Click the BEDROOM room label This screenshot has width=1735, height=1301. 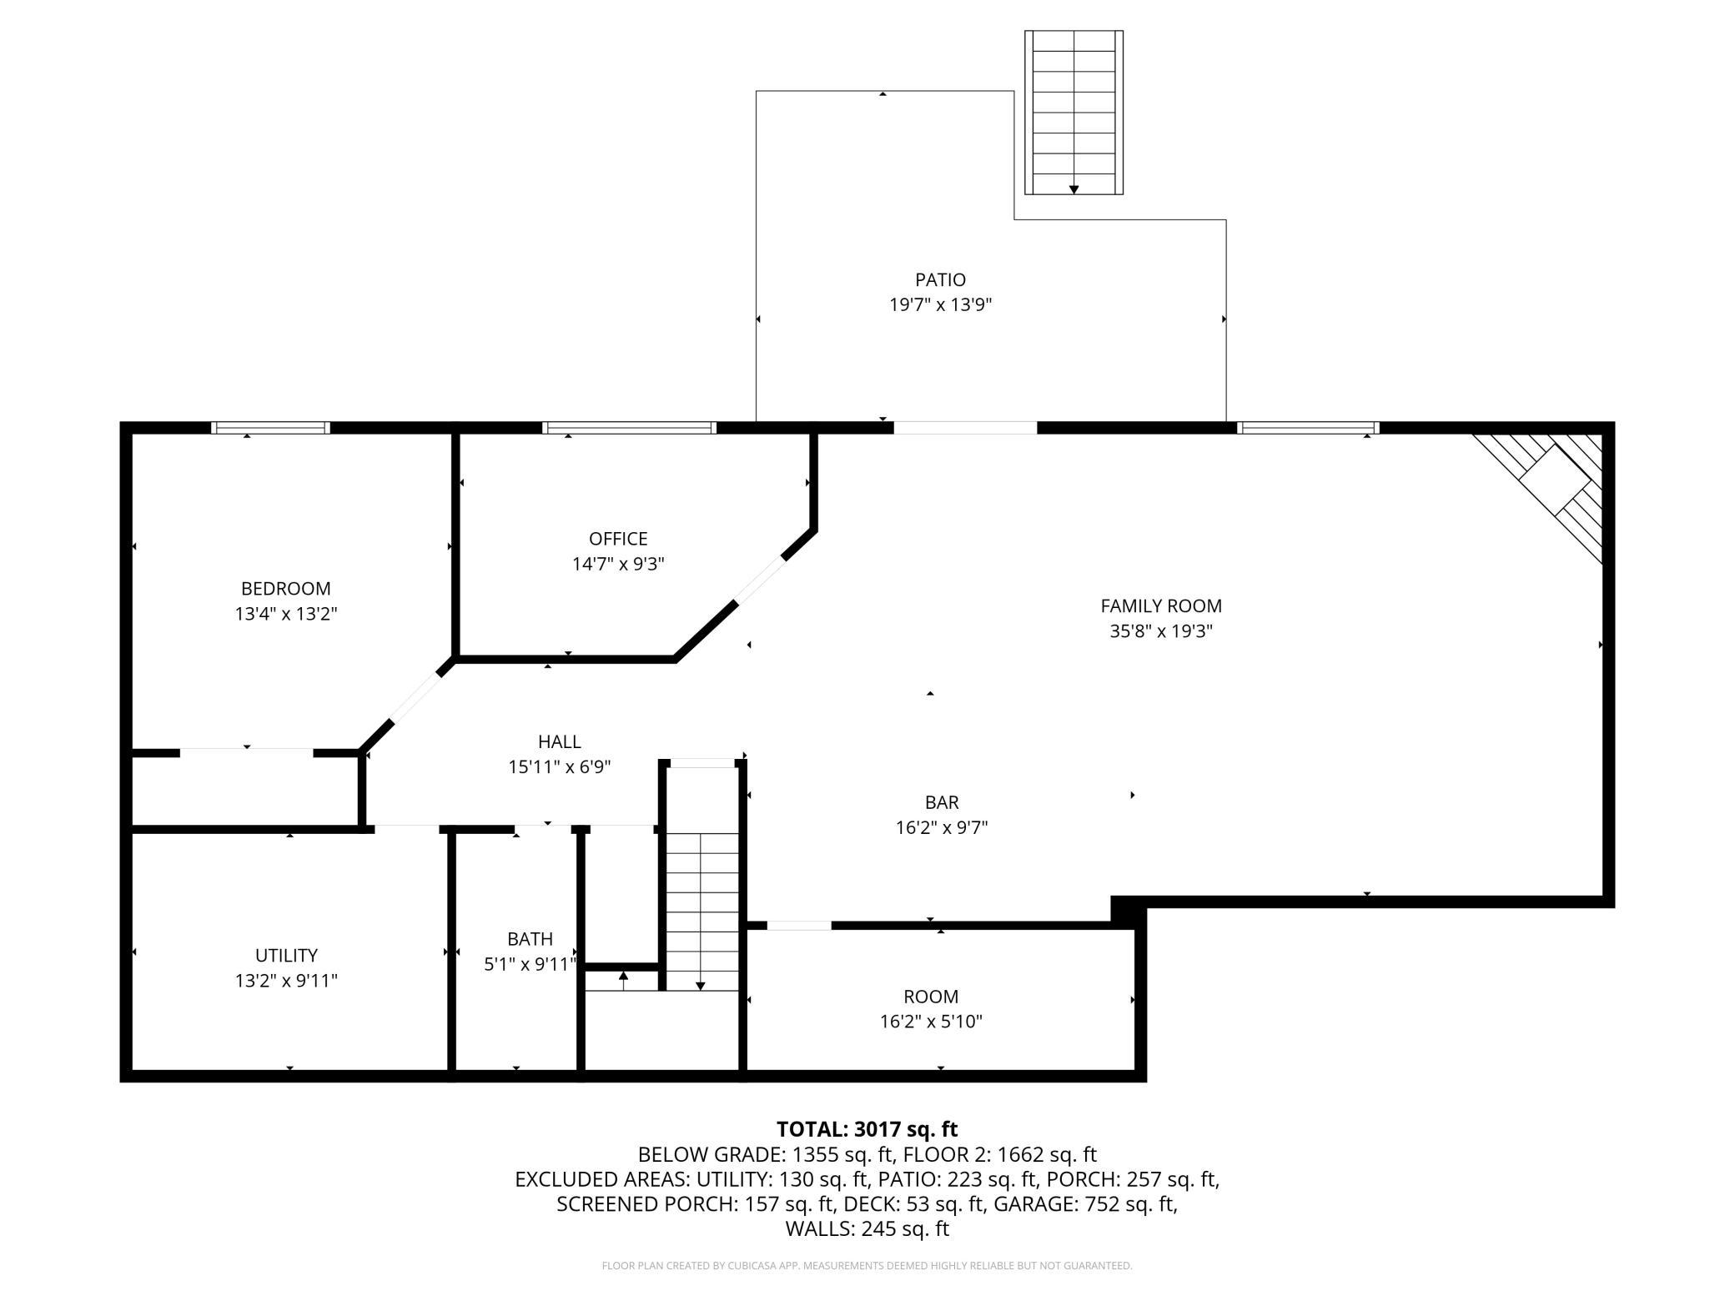coord(285,589)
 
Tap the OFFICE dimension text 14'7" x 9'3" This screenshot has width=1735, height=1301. coord(617,565)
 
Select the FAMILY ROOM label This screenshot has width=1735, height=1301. coord(1160,606)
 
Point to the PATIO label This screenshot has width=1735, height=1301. coord(940,280)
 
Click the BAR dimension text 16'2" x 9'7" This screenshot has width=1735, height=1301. coord(942,828)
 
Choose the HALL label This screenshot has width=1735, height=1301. coord(559,741)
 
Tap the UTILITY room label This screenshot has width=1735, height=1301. coord(285,955)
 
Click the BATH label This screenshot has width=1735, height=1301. coord(530,939)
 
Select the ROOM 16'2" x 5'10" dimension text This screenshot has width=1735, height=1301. coord(931,1022)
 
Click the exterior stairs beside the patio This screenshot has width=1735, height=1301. coord(1074,113)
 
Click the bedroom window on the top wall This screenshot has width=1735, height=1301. coord(270,428)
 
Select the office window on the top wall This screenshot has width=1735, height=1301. coord(629,428)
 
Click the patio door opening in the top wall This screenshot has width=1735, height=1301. coord(965,428)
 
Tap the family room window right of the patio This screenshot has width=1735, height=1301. coord(1307,428)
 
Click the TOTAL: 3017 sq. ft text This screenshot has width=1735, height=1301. coord(867,1129)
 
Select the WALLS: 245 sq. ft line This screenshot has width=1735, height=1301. coord(867,1228)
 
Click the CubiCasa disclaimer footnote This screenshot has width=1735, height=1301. coord(867,1266)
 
